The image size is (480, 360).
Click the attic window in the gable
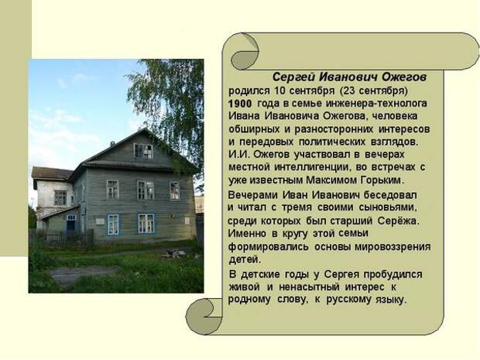(143, 151)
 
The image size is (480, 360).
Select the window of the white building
(60, 198)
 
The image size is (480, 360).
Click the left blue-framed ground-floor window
(113, 225)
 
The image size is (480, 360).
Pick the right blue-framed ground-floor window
(146, 224)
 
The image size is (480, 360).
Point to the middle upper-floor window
(146, 190)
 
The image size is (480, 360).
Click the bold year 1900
(240, 104)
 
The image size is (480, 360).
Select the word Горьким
(382, 180)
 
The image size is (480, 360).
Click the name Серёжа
(398, 221)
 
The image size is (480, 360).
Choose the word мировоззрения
(393, 247)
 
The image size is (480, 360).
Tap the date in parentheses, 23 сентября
(373, 91)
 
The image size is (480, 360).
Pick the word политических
(332, 142)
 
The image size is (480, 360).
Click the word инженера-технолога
(376, 104)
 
